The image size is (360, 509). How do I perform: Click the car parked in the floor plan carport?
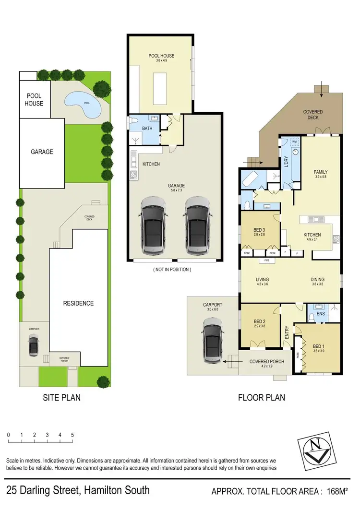213,343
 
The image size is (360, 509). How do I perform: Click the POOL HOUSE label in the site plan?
34,100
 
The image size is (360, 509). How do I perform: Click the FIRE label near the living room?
266,261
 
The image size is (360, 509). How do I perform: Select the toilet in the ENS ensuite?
311,316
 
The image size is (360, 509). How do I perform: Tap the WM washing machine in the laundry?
294,142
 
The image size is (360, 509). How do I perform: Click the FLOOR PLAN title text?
262,397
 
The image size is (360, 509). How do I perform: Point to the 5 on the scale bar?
72,435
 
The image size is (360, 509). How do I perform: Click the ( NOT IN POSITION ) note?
172,270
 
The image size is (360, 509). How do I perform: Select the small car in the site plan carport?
34,343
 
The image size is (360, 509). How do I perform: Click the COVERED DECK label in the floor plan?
312,114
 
